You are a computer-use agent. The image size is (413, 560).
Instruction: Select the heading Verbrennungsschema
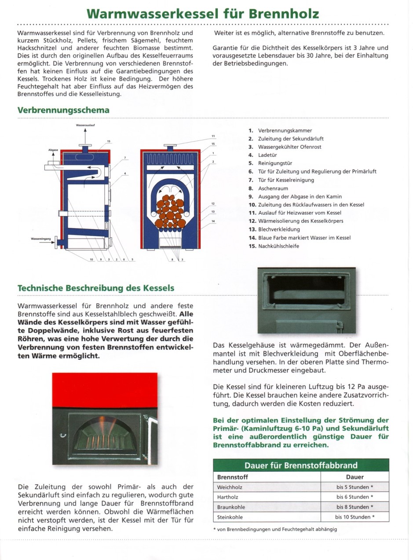tap(63, 110)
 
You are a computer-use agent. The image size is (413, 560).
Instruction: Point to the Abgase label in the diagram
tap(53, 150)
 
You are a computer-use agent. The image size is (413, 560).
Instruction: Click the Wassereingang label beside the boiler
tap(41, 239)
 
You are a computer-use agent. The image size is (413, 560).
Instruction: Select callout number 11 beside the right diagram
tap(213, 136)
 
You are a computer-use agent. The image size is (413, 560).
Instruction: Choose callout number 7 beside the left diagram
tap(125, 158)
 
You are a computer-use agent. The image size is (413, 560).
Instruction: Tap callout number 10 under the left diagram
tap(91, 259)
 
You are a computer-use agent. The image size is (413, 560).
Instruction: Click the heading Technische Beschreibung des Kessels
tap(96, 288)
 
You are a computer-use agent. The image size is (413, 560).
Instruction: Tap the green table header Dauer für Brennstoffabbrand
tap(301, 465)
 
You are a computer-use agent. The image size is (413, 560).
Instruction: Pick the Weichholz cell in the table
tap(230, 487)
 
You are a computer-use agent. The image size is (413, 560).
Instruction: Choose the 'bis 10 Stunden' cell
tap(355, 517)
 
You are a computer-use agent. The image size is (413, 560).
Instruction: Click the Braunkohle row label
tap(231, 507)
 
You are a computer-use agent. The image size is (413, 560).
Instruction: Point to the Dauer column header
tap(355, 477)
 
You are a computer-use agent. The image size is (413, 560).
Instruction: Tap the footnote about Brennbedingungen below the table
tap(274, 529)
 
